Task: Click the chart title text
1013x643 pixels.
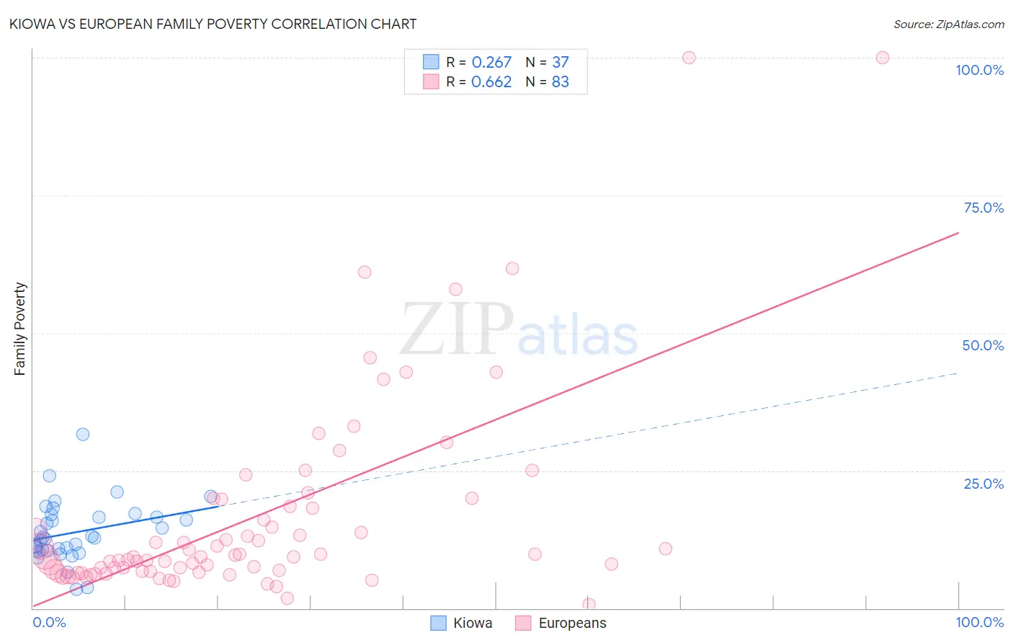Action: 213,24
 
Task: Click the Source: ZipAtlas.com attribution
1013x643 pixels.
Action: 948,24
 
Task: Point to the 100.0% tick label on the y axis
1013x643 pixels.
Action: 979,70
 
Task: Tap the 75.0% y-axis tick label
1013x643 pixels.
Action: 983,208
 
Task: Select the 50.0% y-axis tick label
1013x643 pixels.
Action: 983,345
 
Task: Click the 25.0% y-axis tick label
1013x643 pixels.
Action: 983,483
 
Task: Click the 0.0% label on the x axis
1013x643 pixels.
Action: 49,622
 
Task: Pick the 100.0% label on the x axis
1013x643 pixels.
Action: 979,622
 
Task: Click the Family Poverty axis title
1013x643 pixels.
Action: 20,329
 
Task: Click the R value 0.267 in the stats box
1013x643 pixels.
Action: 491,63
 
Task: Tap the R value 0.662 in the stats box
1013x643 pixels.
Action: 491,82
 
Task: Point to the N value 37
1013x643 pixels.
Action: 560,63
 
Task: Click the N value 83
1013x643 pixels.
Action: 560,82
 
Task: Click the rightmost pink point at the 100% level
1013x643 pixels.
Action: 882,58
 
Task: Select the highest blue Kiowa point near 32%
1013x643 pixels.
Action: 83,434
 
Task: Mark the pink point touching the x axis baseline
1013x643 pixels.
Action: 589,604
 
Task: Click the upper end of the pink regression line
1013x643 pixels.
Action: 958,233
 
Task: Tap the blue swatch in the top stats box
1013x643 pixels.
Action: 431,62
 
